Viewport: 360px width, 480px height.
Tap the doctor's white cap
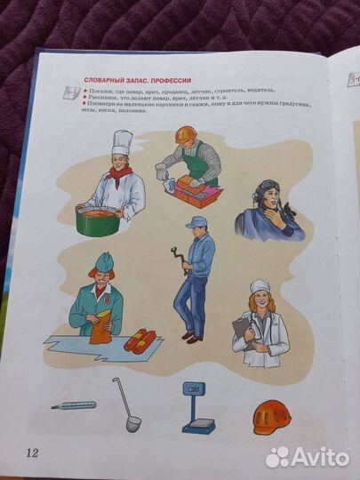click(260, 287)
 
